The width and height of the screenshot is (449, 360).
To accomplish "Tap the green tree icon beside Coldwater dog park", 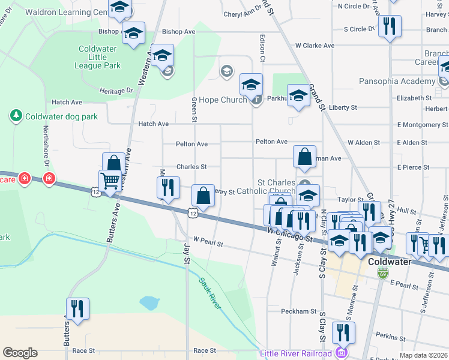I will pos(15,115).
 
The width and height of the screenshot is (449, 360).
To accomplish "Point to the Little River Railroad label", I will pos(297,353).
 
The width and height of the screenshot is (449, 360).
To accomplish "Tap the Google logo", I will pos(20,353).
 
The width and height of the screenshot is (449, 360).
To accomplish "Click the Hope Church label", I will pos(223,100).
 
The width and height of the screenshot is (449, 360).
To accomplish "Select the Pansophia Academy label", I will pos(397,82).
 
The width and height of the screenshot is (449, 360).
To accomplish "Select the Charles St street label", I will pos(191,167).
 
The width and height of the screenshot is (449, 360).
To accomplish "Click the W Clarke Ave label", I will pos(315,46).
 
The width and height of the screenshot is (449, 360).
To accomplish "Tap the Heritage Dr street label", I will pos(117,91).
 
